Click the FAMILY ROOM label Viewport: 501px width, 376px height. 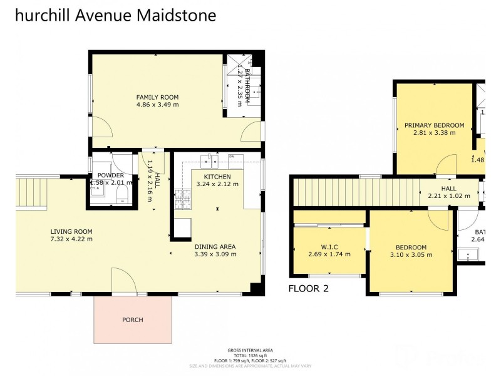158,97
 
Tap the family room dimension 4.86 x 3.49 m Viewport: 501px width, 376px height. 158,105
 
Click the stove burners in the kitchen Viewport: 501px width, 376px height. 182,199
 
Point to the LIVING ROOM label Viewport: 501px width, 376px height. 71,231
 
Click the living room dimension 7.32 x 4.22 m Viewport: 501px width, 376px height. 71,239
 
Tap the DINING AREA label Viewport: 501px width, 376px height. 215,246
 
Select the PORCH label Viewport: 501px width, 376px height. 133,320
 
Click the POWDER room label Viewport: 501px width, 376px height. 110,175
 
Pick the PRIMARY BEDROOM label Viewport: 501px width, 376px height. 434,125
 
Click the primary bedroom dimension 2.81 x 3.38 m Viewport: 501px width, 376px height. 434,133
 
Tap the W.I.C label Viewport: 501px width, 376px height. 329,246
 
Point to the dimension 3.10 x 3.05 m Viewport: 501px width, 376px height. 411,255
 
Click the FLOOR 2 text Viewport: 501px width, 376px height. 308,289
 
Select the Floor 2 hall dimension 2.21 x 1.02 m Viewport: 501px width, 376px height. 448,196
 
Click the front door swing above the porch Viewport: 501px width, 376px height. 123,280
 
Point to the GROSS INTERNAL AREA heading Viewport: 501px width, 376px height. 250,351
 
